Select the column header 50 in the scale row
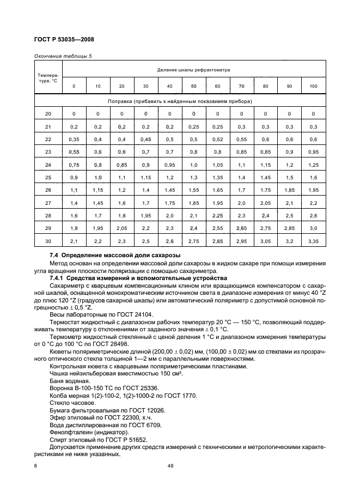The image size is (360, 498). (x=193, y=86)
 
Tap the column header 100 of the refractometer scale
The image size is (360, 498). (x=313, y=86)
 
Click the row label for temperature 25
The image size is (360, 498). (x=48, y=178)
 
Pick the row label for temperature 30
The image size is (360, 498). (x=48, y=241)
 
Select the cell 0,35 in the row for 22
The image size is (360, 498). (x=74, y=139)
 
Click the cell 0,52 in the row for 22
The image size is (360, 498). (x=217, y=139)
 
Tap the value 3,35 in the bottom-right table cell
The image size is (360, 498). (x=313, y=241)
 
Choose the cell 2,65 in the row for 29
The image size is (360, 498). (x=241, y=229)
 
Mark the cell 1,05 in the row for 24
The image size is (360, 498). (x=217, y=165)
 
